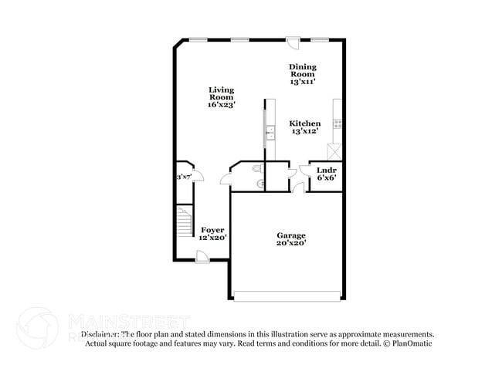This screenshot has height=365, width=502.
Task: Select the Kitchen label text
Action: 305,123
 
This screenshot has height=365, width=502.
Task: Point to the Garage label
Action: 291,235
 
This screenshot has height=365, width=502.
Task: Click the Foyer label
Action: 212,230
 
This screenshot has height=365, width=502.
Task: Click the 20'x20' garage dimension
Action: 291,243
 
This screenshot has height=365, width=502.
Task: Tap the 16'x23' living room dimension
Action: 221,104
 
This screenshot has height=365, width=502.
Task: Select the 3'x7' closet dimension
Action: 184,177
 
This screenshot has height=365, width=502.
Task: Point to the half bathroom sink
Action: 262,183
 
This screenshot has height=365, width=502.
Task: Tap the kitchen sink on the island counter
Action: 269,133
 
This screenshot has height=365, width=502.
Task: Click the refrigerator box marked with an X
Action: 335,150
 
